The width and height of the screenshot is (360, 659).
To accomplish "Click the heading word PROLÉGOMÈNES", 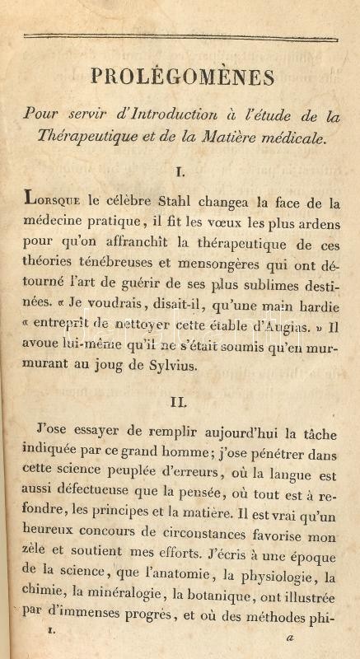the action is point(182,77).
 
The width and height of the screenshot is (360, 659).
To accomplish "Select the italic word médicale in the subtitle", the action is point(294,137).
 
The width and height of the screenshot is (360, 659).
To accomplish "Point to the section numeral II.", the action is point(180,402).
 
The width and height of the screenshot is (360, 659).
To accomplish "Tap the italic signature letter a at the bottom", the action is point(289,637).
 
